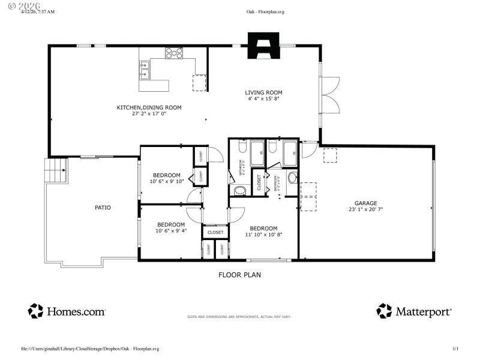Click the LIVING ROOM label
263,92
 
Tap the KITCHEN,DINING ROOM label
149,107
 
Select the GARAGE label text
365,203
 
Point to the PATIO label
103,208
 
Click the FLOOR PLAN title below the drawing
239,275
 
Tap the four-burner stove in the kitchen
174,53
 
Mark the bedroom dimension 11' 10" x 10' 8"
263,235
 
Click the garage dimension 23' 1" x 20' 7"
365,209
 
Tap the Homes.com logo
67,311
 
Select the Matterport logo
414,311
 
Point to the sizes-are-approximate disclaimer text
239,317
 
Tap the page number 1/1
455,349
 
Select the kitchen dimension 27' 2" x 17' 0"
149,113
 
